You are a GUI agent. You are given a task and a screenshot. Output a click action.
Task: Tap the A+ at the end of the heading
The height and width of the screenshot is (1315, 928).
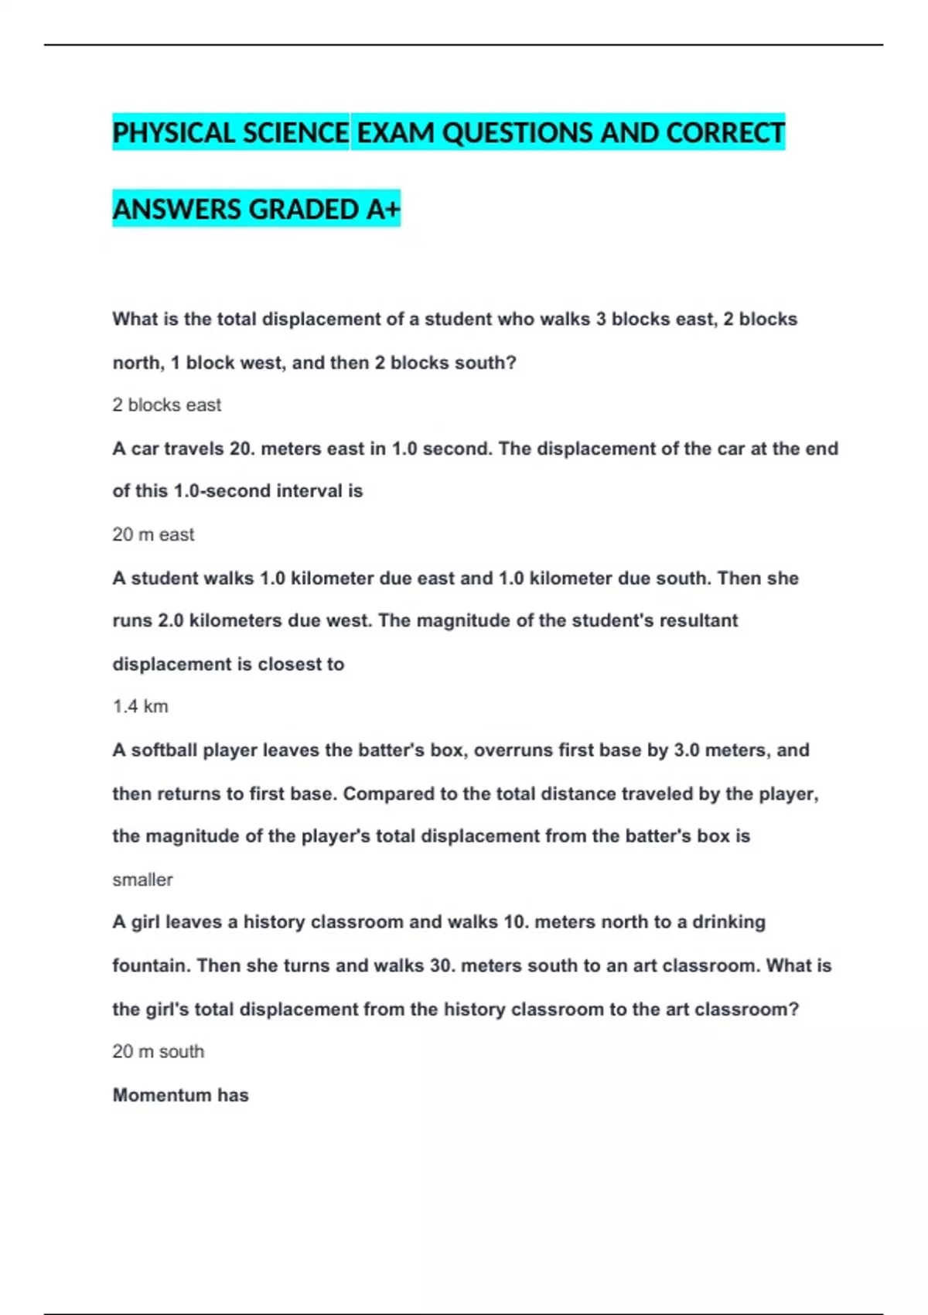click(383, 210)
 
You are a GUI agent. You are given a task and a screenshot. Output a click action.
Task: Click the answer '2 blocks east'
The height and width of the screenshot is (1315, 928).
click(166, 405)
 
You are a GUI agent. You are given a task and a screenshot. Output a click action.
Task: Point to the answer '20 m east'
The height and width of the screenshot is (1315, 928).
click(153, 535)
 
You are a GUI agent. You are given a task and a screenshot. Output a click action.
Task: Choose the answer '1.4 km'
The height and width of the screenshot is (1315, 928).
click(140, 706)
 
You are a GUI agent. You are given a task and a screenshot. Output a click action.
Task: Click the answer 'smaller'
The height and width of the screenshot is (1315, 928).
click(142, 880)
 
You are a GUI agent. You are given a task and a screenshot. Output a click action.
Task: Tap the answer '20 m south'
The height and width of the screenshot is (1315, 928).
click(158, 1051)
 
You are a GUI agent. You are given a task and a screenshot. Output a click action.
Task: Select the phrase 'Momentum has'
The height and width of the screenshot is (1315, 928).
click(180, 1095)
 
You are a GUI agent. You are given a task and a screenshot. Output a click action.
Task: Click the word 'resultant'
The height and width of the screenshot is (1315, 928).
click(698, 620)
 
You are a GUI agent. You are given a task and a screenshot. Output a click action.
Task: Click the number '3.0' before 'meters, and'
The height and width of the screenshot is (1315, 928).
click(687, 750)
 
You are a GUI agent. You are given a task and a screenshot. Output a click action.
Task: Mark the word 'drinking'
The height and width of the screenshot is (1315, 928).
click(728, 922)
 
